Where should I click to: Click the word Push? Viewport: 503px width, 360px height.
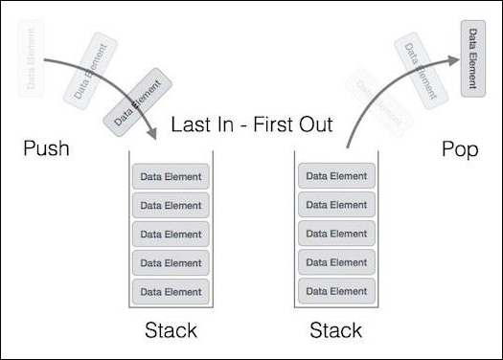pyautogui.click(x=47, y=150)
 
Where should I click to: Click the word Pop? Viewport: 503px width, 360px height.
pyautogui.click(x=461, y=150)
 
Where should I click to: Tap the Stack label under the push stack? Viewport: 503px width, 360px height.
pyautogui.click(x=171, y=331)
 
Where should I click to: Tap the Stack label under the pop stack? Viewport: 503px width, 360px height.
pyautogui.click(x=336, y=331)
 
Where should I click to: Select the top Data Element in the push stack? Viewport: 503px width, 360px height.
pyautogui.click(x=171, y=177)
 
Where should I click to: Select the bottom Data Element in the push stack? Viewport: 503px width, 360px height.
pyautogui.click(x=171, y=290)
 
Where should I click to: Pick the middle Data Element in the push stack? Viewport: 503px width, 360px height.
pyautogui.click(x=171, y=234)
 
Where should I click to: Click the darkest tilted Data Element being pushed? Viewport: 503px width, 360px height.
pyautogui.click(x=130, y=101)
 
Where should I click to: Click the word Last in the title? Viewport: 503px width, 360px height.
pyautogui.click(x=190, y=125)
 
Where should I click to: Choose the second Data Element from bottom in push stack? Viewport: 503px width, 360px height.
pyautogui.click(x=171, y=262)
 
